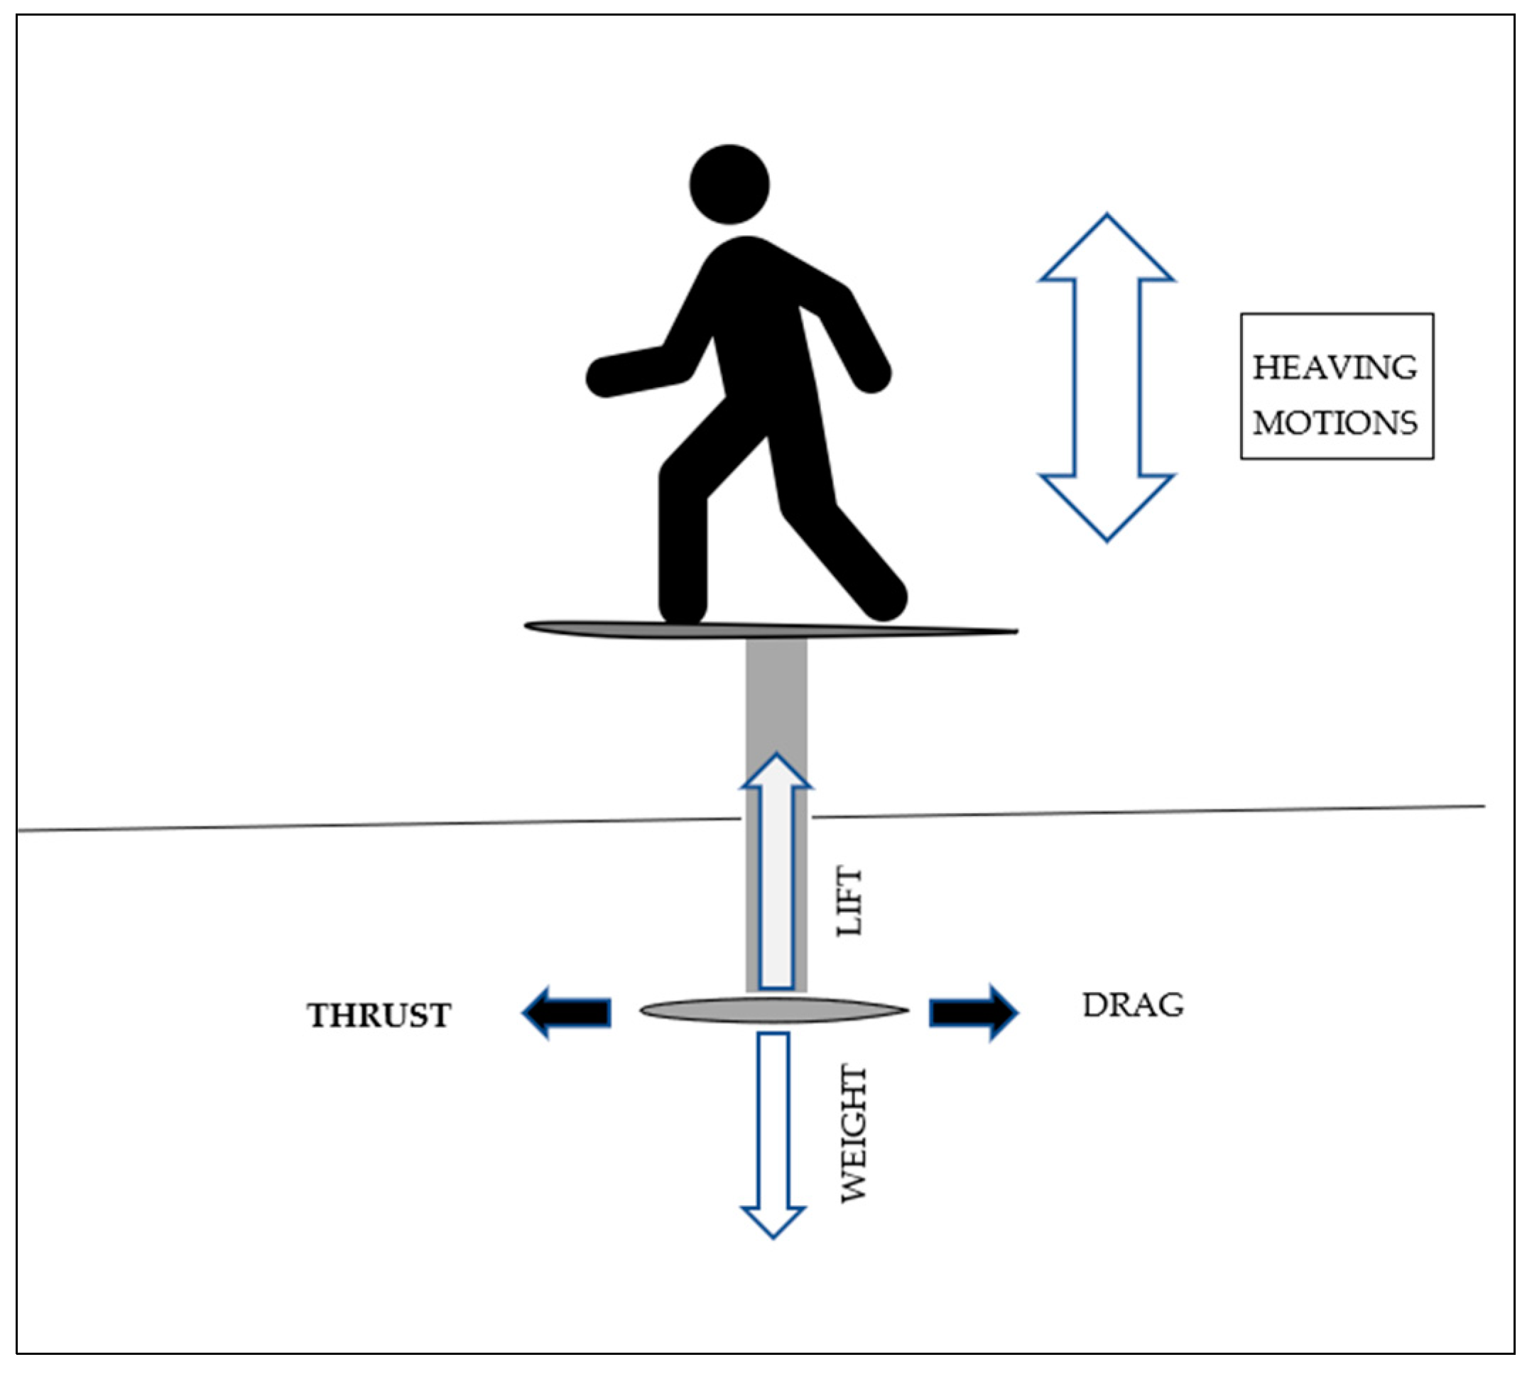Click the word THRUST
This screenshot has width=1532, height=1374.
point(379,1016)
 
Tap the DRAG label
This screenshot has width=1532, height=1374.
point(1134,1005)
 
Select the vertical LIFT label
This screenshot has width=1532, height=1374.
point(849,903)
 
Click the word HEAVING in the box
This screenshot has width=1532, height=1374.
point(1335,369)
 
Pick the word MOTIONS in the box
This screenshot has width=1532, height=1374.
point(1335,423)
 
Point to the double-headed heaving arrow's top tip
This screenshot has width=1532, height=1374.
point(1107,219)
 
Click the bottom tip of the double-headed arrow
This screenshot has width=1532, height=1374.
point(1107,538)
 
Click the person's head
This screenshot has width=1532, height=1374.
point(729,184)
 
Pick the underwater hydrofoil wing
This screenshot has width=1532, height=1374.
point(774,1011)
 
